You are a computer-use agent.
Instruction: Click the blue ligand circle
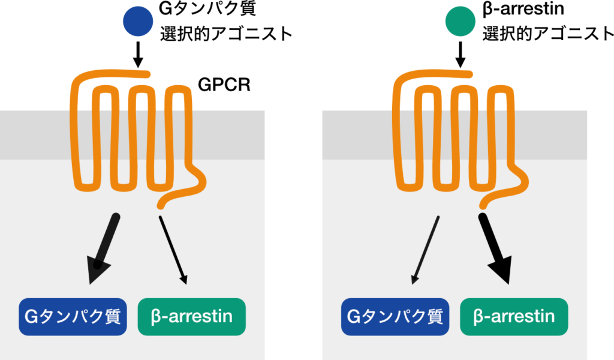(x=138, y=22)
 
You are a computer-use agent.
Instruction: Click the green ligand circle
(x=460, y=22)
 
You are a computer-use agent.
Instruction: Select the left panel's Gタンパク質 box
(x=73, y=316)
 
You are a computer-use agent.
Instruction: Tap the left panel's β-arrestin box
(x=191, y=316)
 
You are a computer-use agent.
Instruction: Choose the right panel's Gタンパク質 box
(x=395, y=316)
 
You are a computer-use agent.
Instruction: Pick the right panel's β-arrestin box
(x=514, y=316)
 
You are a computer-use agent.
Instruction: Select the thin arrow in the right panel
(x=426, y=248)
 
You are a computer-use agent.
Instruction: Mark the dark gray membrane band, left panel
(x=36, y=135)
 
